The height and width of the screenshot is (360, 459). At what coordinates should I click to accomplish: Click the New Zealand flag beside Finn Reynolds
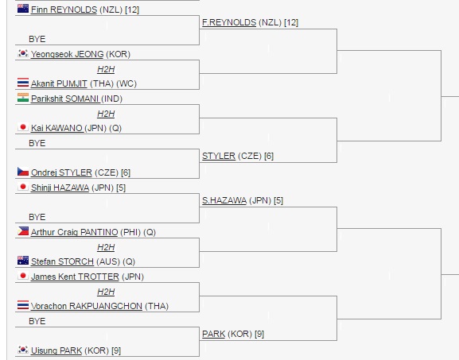(x=23, y=9)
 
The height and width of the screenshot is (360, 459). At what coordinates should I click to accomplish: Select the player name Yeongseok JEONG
(x=68, y=54)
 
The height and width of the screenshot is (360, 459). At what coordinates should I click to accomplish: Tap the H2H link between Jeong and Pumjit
(x=106, y=69)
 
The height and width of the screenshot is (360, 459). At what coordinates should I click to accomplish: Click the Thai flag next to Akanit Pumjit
(x=23, y=83)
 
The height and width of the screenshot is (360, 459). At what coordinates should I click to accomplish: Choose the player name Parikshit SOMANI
(x=65, y=99)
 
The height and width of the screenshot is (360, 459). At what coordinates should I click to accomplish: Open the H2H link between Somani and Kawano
(x=106, y=114)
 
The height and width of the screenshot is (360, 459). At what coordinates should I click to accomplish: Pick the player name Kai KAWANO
(x=56, y=128)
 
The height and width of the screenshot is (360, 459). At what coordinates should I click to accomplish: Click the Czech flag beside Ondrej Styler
(x=23, y=172)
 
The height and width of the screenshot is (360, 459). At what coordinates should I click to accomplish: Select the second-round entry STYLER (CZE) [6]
(x=238, y=156)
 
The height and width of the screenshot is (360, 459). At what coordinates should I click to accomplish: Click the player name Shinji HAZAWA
(x=60, y=188)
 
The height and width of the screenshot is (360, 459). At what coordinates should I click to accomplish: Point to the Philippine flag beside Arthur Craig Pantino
(x=23, y=231)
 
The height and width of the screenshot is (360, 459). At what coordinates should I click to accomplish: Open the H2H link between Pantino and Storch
(x=106, y=247)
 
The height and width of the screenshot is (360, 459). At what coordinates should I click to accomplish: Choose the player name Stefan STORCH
(x=62, y=261)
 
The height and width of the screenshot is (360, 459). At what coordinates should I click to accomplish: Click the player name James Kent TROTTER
(x=75, y=277)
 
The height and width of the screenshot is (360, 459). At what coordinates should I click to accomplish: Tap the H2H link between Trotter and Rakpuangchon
(x=106, y=292)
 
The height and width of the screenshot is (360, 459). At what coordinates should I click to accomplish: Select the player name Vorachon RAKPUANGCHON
(x=87, y=306)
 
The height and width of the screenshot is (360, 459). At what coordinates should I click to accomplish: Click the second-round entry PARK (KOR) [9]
(x=233, y=334)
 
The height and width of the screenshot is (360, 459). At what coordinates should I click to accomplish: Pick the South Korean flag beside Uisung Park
(x=23, y=350)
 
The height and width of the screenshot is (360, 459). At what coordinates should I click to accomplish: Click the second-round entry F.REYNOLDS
(x=229, y=22)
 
